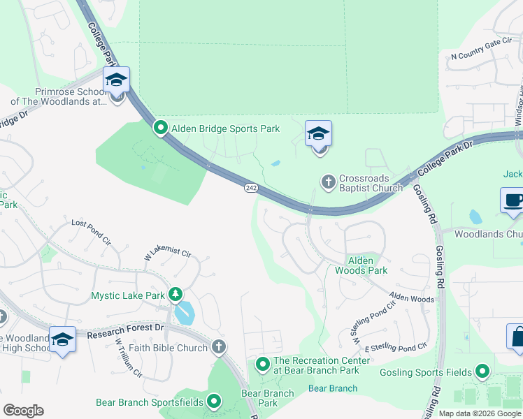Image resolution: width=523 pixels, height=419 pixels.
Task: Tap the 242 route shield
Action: pyautogui.click(x=252, y=187)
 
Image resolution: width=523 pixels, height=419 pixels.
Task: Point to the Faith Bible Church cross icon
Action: pyautogui.click(x=219, y=346)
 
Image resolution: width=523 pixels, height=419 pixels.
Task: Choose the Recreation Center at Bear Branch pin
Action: pyautogui.click(x=263, y=364)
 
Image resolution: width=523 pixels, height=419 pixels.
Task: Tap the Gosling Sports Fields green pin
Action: pyautogui.click(x=482, y=372)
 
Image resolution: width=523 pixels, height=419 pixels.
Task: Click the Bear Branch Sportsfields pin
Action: pyautogui.click(x=214, y=402)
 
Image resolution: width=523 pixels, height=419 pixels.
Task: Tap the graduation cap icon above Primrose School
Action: pyautogui.click(x=116, y=80)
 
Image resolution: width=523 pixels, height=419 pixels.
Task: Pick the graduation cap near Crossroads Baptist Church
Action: pyautogui.click(x=318, y=133)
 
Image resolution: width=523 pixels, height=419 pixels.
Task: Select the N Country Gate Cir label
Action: pyautogui.click(x=482, y=55)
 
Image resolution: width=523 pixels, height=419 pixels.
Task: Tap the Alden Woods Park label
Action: pyautogui.click(x=360, y=265)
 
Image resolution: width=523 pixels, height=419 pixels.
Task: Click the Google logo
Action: pyautogui.click(x=23, y=411)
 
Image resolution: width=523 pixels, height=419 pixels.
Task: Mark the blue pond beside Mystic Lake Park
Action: pyautogui.click(x=185, y=314)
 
